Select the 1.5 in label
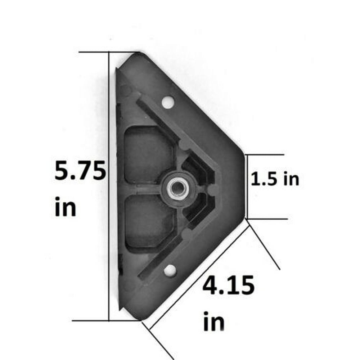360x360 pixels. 275,179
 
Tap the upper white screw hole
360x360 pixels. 167,102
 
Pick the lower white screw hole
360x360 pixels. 170,270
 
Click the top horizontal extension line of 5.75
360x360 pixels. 94,52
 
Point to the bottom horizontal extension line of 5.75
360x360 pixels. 90,320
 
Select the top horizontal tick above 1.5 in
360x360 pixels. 265,155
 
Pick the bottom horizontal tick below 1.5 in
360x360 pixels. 266,219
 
